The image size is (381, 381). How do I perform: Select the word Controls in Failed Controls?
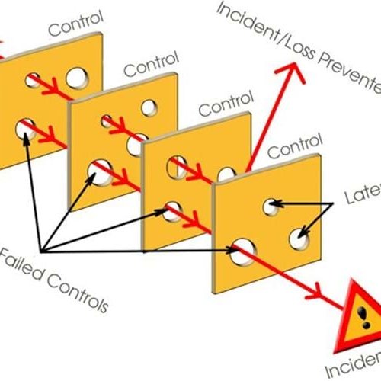pyautogui.click(x=72, y=285)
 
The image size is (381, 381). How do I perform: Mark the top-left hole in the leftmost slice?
pyautogui.click(x=33, y=78)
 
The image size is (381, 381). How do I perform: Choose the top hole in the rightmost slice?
pyautogui.click(x=270, y=205)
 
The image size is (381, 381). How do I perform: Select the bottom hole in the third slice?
pyautogui.click(x=174, y=210)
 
